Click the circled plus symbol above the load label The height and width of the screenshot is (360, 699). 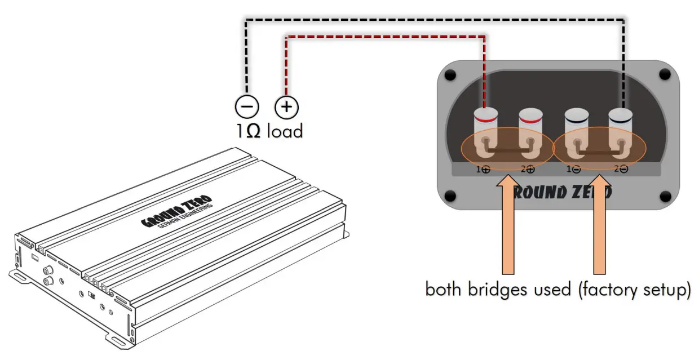[x=286, y=107]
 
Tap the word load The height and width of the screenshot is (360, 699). [x=285, y=131]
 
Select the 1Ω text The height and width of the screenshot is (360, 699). [x=249, y=131]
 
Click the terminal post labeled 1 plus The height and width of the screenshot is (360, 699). [x=485, y=132]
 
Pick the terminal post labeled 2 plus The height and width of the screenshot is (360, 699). [x=531, y=132]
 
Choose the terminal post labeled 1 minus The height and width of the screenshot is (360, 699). [x=577, y=132]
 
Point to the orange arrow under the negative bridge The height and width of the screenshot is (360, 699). [x=600, y=225]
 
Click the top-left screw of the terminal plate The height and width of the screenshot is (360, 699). [x=450, y=75]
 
